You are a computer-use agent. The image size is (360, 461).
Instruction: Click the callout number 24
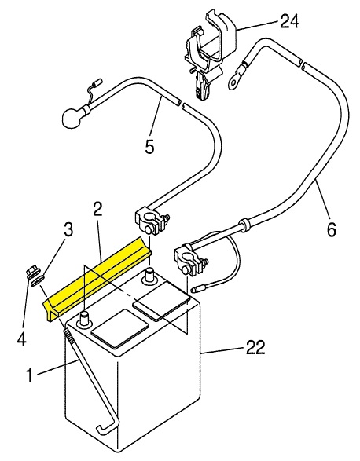click(x=289, y=21)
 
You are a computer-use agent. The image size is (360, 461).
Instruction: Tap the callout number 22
click(x=255, y=347)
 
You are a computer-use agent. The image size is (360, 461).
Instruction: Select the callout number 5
click(x=149, y=146)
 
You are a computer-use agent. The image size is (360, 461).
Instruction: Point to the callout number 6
click(x=331, y=229)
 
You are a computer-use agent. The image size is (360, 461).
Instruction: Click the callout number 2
click(x=97, y=210)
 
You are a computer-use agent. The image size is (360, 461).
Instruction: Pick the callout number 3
click(x=68, y=229)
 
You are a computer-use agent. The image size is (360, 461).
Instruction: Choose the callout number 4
click(x=21, y=339)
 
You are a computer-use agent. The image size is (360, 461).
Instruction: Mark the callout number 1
click(x=29, y=375)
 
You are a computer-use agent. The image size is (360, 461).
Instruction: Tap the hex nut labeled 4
click(x=31, y=272)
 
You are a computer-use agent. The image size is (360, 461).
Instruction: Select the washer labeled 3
click(x=38, y=280)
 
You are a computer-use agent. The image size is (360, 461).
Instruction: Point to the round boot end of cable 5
click(x=72, y=117)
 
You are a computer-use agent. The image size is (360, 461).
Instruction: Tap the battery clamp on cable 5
click(x=151, y=222)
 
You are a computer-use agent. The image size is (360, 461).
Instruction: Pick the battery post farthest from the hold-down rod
click(x=149, y=275)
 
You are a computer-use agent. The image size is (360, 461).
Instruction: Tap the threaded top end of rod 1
click(x=69, y=335)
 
